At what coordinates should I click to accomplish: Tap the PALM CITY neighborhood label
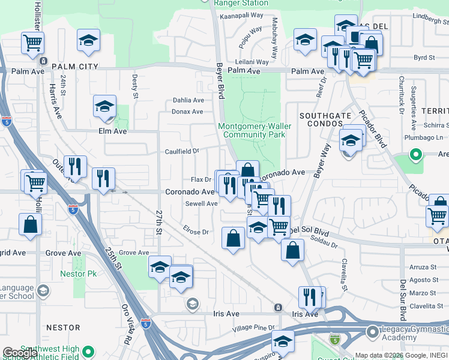75,66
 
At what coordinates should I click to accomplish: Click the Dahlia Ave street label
188,100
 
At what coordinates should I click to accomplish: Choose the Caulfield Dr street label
182,152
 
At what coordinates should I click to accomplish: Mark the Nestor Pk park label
76,274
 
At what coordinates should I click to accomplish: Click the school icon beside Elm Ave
104,107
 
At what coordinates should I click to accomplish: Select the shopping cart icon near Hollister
32,43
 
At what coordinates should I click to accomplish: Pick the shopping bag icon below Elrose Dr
233,238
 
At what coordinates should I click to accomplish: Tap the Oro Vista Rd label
127,324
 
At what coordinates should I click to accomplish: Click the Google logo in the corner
19,353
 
